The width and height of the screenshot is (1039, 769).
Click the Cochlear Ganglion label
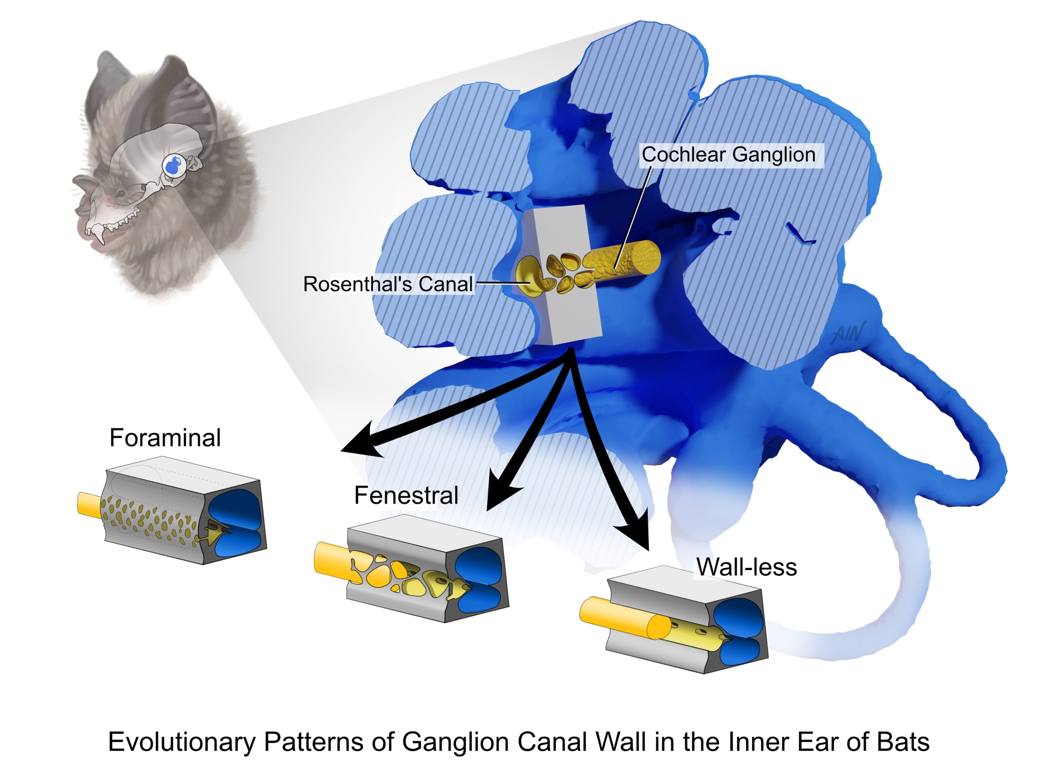(728, 155)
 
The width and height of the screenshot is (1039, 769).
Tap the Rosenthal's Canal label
(388, 284)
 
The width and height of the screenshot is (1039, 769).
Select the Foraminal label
(165, 438)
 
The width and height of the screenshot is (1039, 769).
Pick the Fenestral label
(406, 495)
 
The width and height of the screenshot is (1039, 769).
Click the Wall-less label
(747, 567)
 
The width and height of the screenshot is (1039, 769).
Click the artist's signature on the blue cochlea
(848, 332)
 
